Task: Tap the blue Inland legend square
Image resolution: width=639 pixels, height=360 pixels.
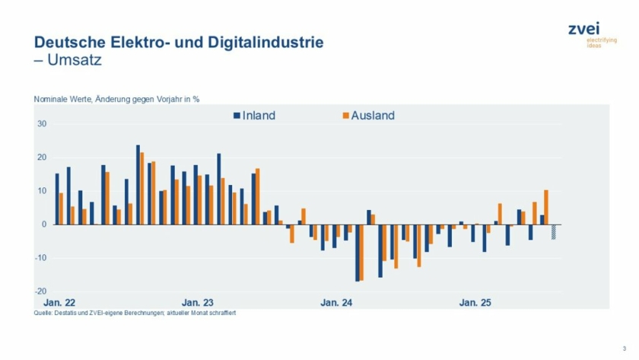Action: coord(237,116)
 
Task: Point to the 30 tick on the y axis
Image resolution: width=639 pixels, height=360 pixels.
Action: coord(43,124)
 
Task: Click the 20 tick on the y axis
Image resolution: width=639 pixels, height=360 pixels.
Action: coord(43,158)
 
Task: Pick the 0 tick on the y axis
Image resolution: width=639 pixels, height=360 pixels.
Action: coord(45,225)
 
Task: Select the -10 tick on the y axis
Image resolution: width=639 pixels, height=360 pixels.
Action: coord(41,258)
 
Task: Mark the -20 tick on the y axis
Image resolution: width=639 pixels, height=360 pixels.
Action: coord(41,292)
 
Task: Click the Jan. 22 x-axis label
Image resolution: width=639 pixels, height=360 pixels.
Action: coord(59,303)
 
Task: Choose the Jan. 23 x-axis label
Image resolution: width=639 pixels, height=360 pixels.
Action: coord(198,303)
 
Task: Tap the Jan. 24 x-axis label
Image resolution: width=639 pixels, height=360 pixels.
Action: coord(336,303)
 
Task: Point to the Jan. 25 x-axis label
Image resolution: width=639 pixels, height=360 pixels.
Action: coord(475,303)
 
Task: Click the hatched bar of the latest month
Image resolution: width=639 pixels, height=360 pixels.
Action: coord(555,232)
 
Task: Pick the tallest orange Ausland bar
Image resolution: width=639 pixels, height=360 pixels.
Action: coord(142,188)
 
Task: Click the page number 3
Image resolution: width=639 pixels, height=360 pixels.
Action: coord(625,348)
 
